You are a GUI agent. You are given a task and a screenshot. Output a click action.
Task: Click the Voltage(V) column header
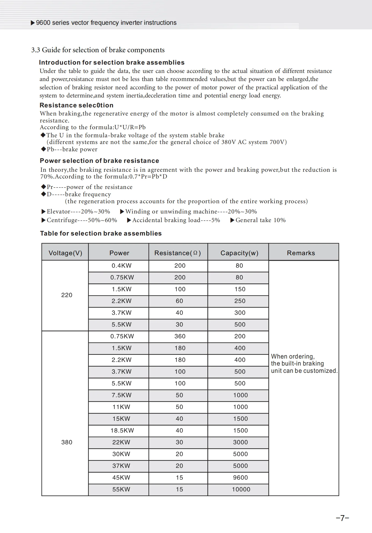pyautogui.click(x=65, y=253)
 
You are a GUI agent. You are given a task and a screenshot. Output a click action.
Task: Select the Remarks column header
pyautogui.click(x=301, y=253)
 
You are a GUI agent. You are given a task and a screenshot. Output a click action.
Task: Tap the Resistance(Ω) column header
pyautogui.click(x=178, y=253)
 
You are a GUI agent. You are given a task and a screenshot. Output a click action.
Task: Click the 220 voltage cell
pyautogui.click(x=67, y=295)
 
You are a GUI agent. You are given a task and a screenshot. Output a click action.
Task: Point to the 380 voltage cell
pyautogui.click(x=67, y=442)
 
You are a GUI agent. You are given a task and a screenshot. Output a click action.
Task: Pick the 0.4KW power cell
pyautogui.click(x=122, y=266)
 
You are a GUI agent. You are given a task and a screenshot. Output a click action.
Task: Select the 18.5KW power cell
pyautogui.click(x=122, y=430)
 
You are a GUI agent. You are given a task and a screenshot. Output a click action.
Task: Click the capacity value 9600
pyautogui.click(x=240, y=478)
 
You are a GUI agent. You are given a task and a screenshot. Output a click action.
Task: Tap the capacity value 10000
pyautogui.click(x=241, y=489)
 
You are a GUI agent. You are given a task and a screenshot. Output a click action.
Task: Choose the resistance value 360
pyautogui.click(x=180, y=336)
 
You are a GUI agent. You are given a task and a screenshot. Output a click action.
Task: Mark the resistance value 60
pyautogui.click(x=179, y=301)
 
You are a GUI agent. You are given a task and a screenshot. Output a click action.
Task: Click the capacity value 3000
pyautogui.click(x=240, y=442)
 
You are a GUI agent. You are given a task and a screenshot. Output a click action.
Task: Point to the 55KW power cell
pyautogui.click(x=121, y=489)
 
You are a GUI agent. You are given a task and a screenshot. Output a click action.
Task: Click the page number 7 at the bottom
pyautogui.click(x=342, y=518)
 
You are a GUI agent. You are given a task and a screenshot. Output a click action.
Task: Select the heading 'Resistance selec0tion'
pyautogui.click(x=76, y=105)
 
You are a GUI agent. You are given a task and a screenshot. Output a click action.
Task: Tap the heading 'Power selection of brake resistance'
pyautogui.click(x=100, y=161)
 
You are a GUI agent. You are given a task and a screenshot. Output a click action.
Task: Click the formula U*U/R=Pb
pyautogui.click(x=130, y=127)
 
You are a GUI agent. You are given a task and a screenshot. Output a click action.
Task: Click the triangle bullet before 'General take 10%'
pyautogui.click(x=232, y=220)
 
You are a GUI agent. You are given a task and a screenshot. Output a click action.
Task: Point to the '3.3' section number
pyautogui.click(x=36, y=50)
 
